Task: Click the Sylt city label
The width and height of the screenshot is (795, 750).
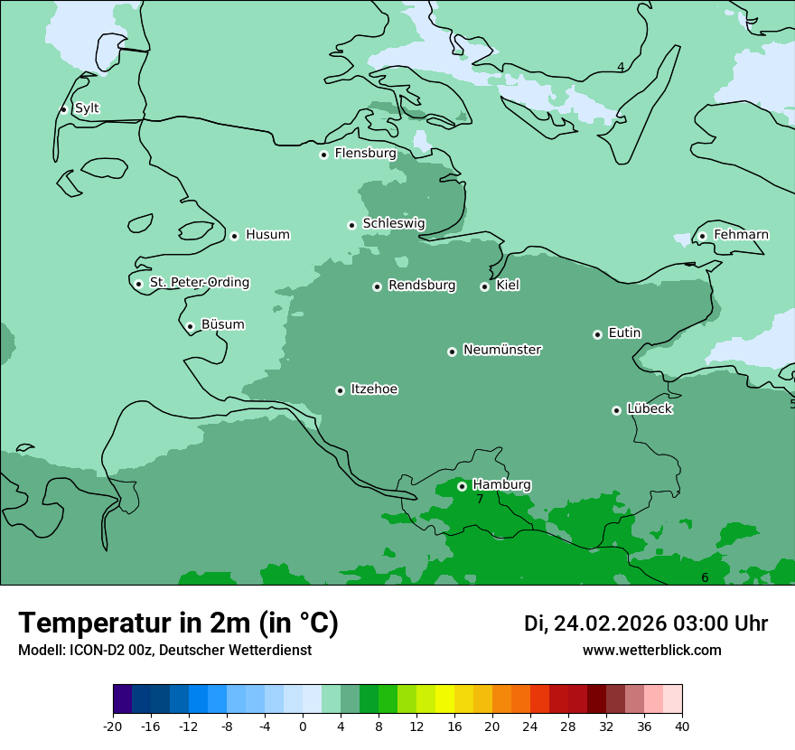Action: pos(87,108)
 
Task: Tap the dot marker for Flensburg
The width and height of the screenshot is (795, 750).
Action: pos(323,155)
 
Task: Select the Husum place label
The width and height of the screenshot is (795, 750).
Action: pos(267,235)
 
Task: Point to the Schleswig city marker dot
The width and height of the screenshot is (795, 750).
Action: pos(351,225)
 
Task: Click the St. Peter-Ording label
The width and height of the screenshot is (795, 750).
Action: pos(199,283)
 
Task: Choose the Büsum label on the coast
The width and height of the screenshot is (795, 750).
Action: pos(222,324)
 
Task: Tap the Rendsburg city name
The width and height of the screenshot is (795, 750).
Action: pos(422,286)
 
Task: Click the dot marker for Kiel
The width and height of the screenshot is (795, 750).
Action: pos(484,286)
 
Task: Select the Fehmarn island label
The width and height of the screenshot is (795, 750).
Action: pos(741,235)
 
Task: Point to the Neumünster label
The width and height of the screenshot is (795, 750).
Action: pos(502,350)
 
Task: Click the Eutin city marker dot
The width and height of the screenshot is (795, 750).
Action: pos(597,334)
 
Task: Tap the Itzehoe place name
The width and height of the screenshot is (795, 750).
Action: pos(374,389)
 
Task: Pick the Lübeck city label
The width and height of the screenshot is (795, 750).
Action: pos(650,408)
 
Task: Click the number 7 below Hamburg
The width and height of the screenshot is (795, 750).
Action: pos(480,500)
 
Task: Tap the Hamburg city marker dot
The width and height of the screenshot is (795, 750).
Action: pos(462,486)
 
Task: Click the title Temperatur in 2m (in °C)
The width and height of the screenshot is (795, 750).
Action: pos(178,623)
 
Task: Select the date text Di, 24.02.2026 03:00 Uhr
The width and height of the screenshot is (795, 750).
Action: pos(646,623)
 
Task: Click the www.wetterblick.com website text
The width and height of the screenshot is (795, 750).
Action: pos(651,651)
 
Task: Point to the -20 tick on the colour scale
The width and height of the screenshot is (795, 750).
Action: pos(113,726)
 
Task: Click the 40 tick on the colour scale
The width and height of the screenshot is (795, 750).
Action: pos(681,726)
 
